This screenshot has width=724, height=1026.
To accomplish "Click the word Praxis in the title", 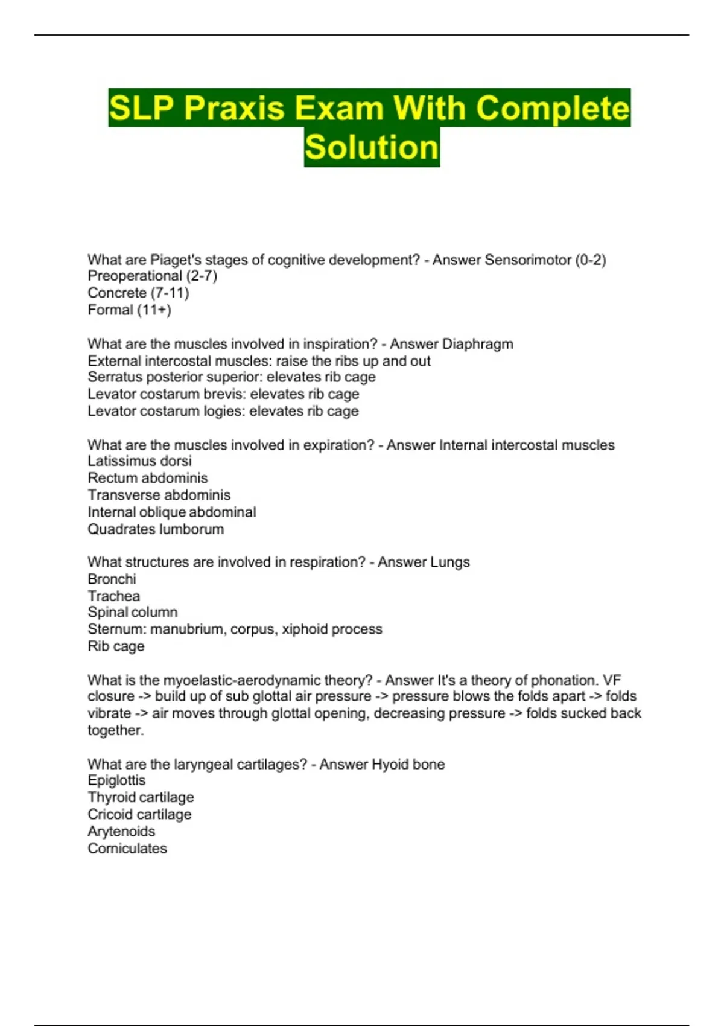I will (x=233, y=109).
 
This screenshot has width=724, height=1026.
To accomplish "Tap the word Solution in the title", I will (x=372, y=147).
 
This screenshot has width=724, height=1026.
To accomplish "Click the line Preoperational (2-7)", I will (x=152, y=276).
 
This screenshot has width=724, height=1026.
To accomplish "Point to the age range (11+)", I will (x=154, y=310).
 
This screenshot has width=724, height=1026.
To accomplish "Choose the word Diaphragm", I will (x=478, y=344).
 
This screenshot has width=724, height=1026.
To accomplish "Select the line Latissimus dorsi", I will (x=139, y=461).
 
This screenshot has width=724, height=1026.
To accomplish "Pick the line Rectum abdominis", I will (x=147, y=478).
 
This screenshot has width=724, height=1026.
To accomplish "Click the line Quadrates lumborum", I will (x=156, y=529).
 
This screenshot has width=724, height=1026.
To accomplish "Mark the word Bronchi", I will (x=112, y=579).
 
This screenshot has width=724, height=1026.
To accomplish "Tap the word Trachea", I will (x=113, y=596).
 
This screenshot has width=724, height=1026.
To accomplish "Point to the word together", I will (x=115, y=730).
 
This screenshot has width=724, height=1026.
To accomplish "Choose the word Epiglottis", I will (x=116, y=780).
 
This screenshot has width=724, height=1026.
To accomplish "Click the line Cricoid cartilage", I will (x=139, y=814).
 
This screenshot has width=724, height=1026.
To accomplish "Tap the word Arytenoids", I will (x=121, y=832).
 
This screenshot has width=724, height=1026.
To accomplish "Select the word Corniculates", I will (x=127, y=849).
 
